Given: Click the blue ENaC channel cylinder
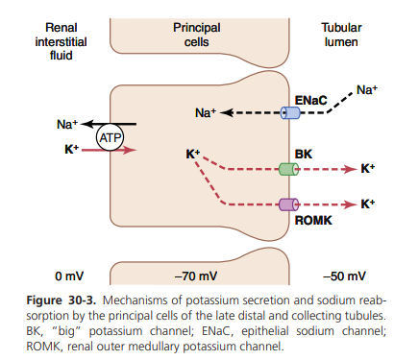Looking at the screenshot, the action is click(290, 113).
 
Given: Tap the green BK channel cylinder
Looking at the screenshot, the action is click(288, 169).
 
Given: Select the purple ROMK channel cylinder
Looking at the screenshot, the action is click(288, 204).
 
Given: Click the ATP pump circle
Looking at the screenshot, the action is click(111, 138).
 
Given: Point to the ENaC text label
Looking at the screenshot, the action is click(310, 101).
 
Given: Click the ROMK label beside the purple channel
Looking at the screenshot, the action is click(313, 221).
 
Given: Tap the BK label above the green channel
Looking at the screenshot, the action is click(303, 155).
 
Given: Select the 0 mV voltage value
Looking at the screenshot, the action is click(69, 276).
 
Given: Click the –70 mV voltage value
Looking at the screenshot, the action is click(196, 276).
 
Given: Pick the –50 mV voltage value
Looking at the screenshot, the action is click(344, 276).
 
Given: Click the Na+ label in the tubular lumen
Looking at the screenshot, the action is click(367, 90).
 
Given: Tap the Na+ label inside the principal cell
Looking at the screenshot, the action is click(206, 112).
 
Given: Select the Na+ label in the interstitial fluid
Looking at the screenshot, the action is click(67, 124).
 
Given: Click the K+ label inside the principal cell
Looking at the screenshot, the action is click(193, 155).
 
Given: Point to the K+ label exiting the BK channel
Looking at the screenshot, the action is click(368, 168).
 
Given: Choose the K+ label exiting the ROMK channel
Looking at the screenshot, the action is click(368, 204).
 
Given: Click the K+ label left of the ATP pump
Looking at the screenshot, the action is click(72, 149).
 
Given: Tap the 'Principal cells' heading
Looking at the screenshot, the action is click(197, 35).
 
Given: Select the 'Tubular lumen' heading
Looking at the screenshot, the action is click(341, 35).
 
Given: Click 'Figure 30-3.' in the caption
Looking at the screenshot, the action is click(62, 300).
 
